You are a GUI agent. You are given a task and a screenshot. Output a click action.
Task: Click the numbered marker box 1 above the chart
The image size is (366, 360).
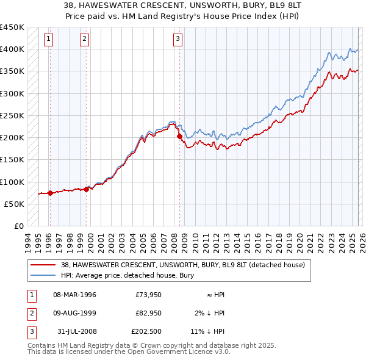(48, 39)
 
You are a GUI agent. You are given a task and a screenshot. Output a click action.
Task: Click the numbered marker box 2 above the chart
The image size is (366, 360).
(84, 39)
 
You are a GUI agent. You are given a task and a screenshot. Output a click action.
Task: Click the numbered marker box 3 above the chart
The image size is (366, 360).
(178, 39)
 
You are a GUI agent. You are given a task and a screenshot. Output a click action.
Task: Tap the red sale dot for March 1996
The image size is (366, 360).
(49, 193)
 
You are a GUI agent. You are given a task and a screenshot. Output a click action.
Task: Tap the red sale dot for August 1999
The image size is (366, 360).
(86, 189)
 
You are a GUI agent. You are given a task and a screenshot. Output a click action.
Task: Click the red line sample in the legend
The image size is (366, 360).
(43, 265)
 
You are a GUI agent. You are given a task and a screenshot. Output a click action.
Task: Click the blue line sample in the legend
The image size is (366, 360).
(43, 276)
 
